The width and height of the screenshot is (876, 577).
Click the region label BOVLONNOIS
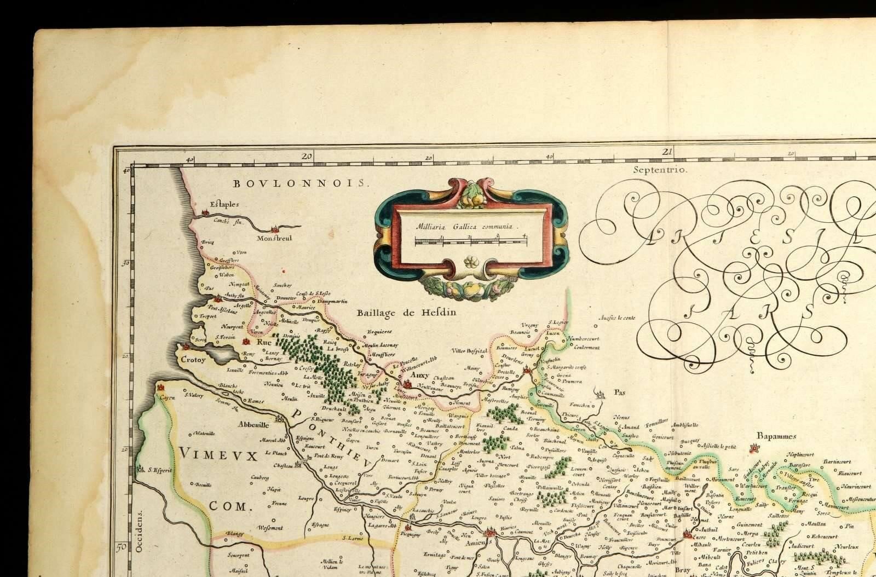click(298, 183)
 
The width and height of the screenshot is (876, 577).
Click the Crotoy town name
click(192, 360)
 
